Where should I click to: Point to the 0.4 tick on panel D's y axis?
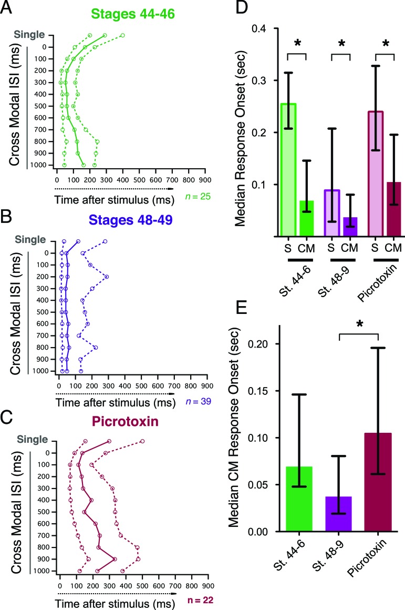261,29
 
